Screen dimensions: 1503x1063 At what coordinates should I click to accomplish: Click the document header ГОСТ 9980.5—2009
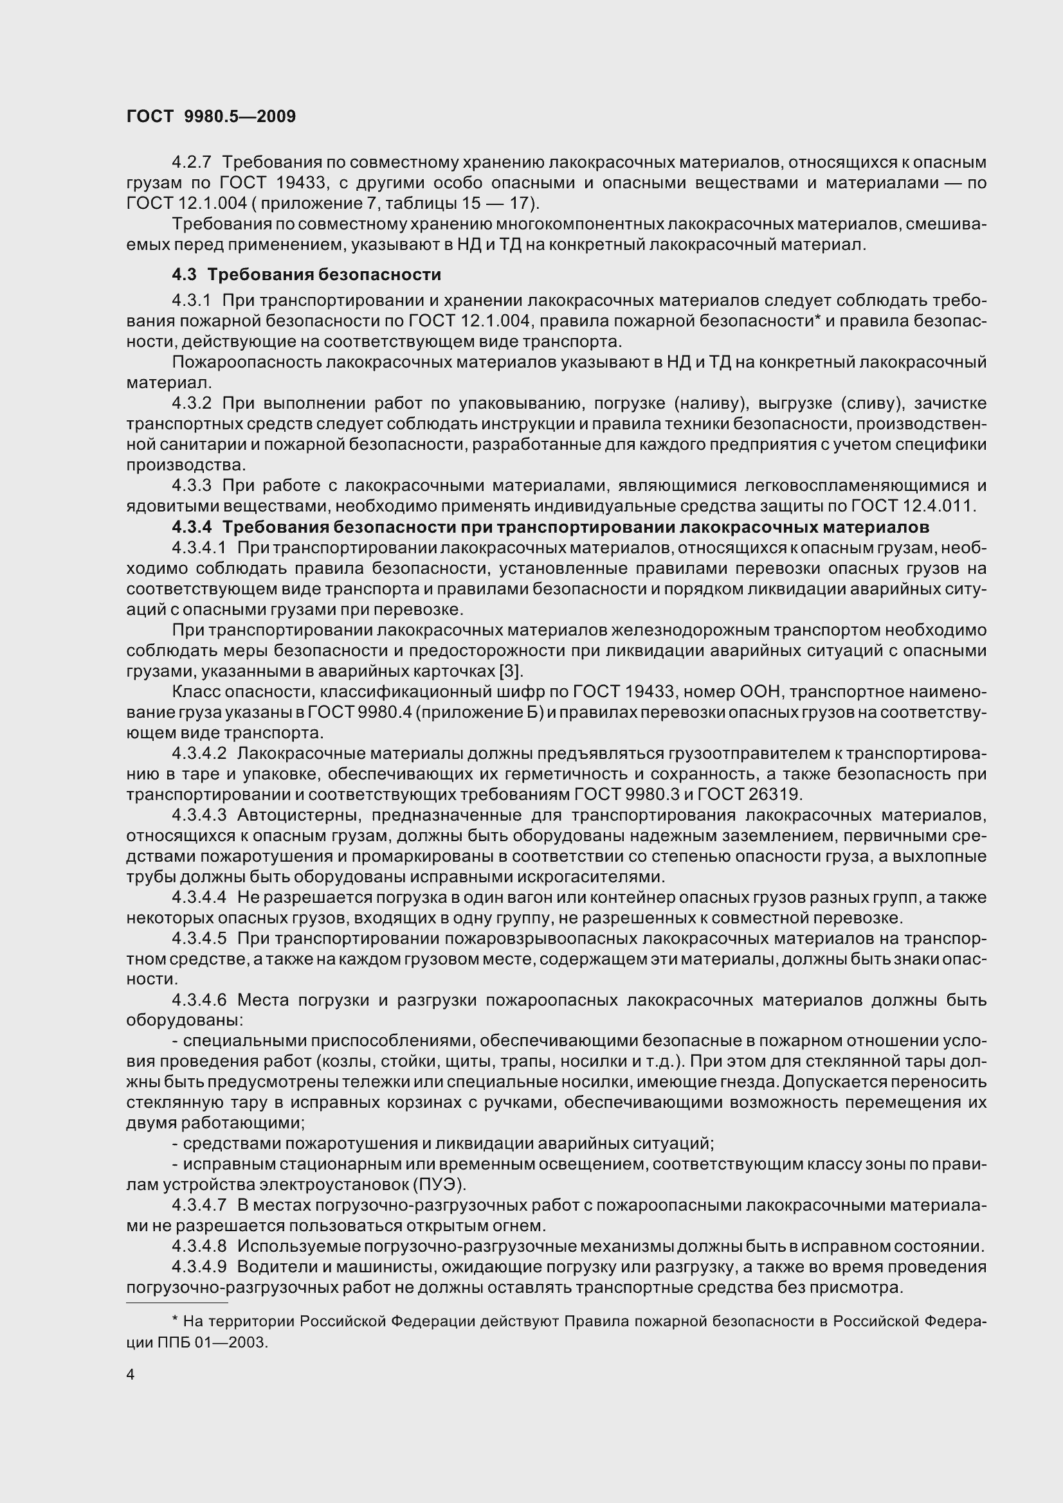point(211,116)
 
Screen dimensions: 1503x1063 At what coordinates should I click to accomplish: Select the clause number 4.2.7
point(191,163)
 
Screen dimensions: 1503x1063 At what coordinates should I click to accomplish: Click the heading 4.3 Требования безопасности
point(306,274)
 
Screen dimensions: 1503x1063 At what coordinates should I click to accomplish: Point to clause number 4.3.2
point(191,404)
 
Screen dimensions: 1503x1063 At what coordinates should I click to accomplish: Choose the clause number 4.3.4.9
point(199,1267)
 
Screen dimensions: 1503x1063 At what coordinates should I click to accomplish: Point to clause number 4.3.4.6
point(199,1001)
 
